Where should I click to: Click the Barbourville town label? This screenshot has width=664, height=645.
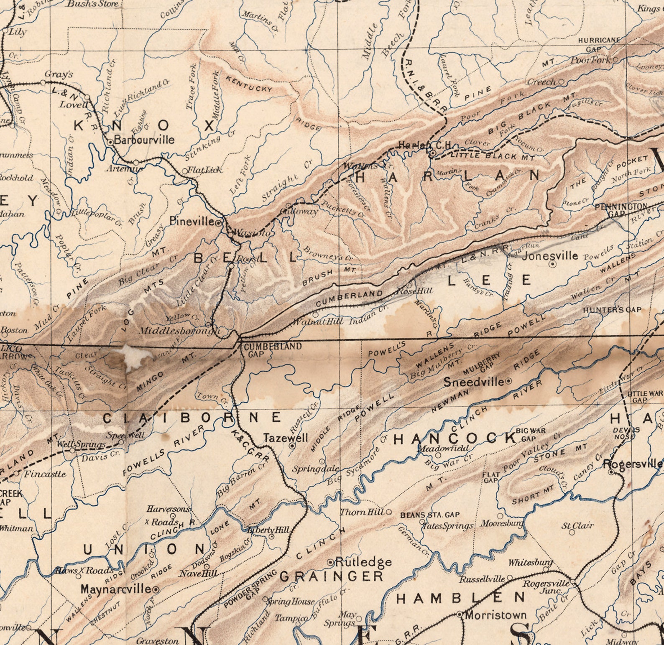[x=144, y=139]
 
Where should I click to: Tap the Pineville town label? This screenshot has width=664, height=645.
[x=192, y=222]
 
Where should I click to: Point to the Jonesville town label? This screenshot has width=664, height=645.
[x=550, y=255]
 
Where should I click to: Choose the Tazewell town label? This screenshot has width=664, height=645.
[x=286, y=438]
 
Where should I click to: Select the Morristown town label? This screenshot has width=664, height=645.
[x=495, y=615]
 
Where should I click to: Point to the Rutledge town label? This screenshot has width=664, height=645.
[x=363, y=562]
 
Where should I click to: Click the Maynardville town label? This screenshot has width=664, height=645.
[x=116, y=589]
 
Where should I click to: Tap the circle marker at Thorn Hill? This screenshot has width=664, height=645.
[x=389, y=512]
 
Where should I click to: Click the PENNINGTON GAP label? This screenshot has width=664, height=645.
[x=621, y=209]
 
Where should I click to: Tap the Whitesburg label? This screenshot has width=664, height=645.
[x=530, y=563]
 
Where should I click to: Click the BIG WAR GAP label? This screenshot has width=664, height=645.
[x=531, y=434]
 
